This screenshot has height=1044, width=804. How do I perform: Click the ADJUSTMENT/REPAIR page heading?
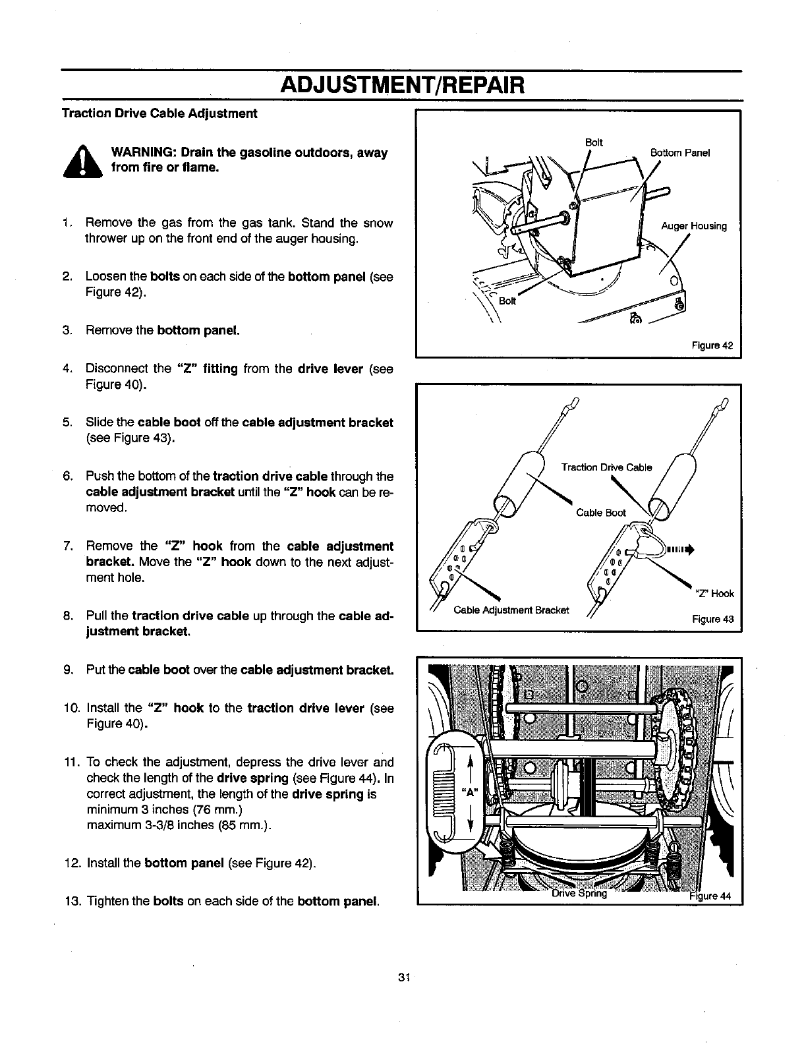(402, 86)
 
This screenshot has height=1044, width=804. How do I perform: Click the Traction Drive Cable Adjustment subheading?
(159, 113)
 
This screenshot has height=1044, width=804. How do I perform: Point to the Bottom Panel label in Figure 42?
(679, 154)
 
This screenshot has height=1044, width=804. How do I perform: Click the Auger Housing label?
(693, 226)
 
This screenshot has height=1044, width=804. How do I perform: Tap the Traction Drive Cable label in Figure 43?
(606, 467)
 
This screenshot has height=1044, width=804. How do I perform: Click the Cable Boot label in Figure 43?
(600, 513)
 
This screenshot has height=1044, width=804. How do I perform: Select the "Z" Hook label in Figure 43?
(714, 593)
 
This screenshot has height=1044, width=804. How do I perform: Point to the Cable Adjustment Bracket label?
(511, 610)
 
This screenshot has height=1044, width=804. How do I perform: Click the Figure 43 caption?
(712, 620)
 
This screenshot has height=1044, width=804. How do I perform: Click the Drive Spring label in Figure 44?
(579, 894)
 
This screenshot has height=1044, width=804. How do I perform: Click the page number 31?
(405, 975)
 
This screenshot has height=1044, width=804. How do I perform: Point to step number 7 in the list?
(68, 546)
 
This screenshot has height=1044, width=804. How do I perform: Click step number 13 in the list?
(71, 901)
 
